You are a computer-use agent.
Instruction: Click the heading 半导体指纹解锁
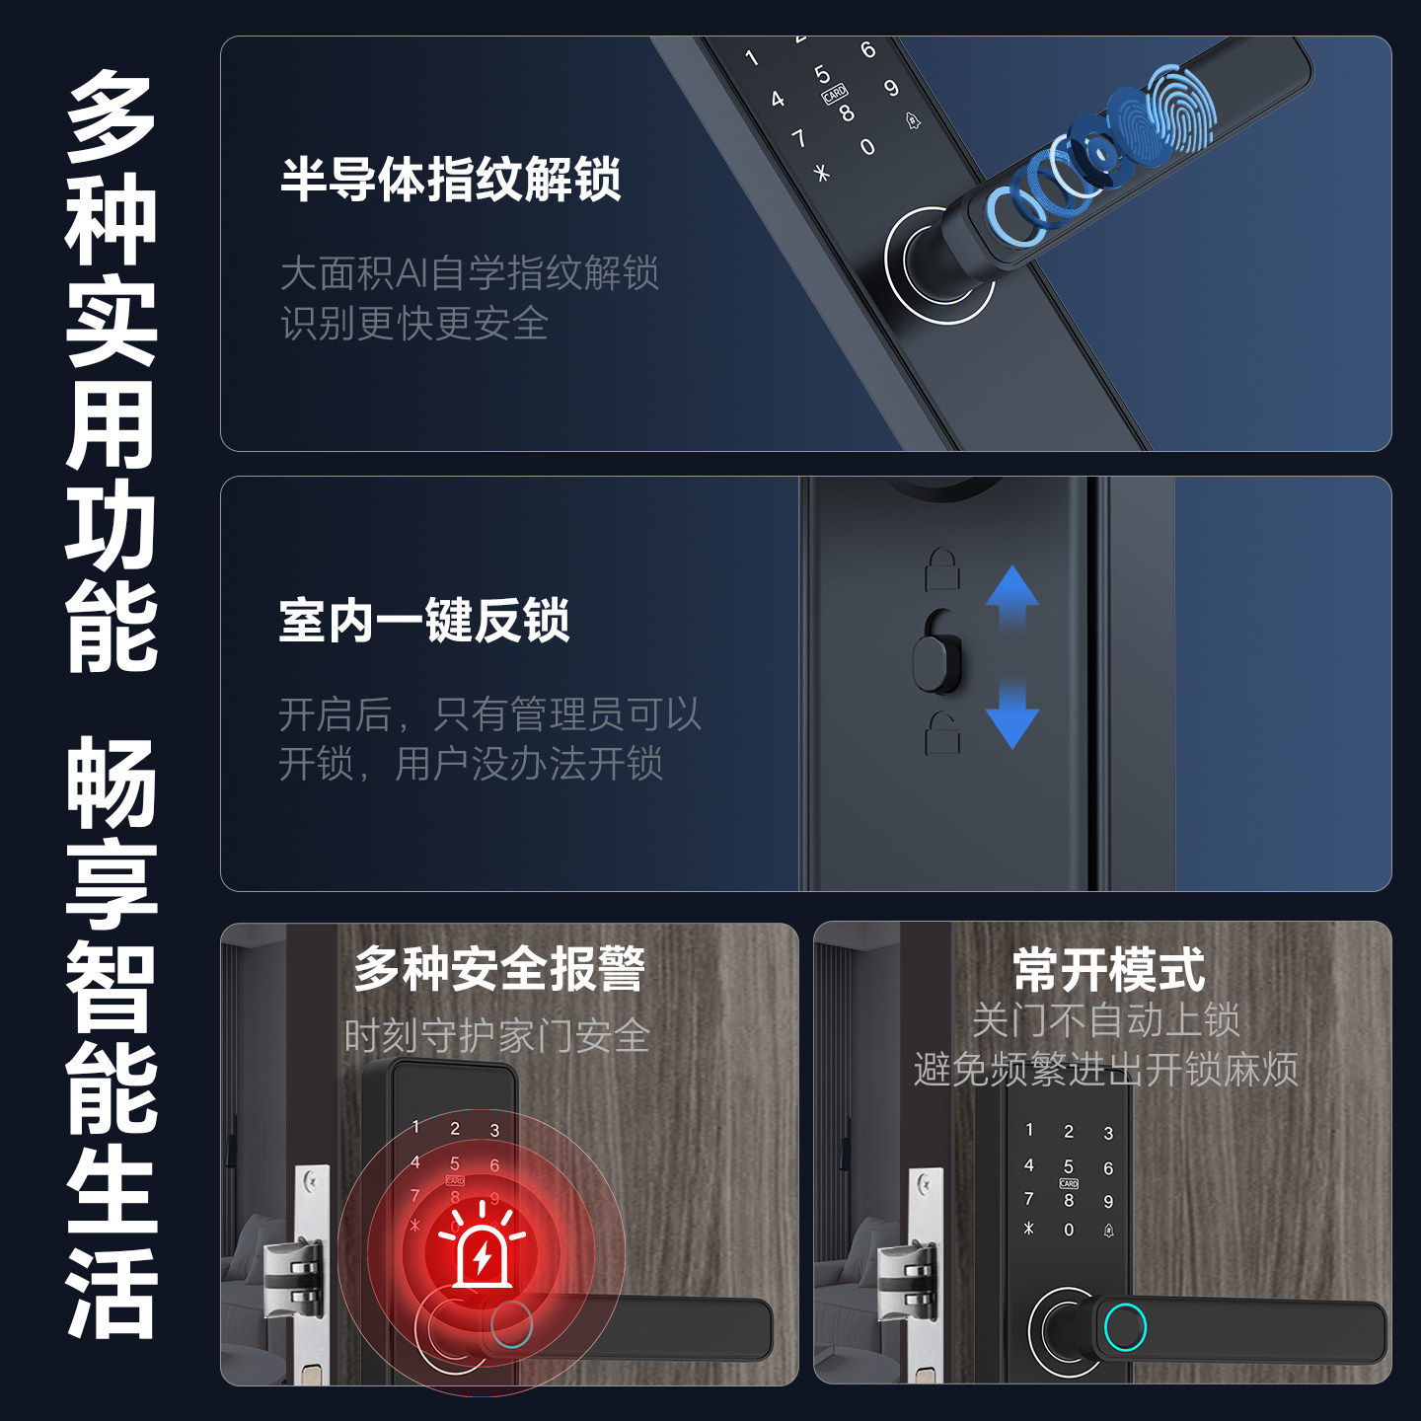[451, 180]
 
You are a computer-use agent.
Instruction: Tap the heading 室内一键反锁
[424, 621]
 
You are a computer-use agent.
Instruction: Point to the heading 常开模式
[1108, 969]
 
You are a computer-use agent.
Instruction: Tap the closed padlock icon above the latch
[942, 569]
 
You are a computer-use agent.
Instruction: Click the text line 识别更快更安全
[414, 324]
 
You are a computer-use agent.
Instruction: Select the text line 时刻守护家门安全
[496, 1036]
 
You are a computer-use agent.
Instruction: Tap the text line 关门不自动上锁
[1105, 1020]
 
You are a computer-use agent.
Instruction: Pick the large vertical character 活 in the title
[111, 1293]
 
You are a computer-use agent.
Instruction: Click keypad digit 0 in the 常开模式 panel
[1069, 1230]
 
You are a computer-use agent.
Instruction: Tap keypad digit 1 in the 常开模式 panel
[1029, 1130]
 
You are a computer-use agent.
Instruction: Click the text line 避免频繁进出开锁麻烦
[1105, 1070]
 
